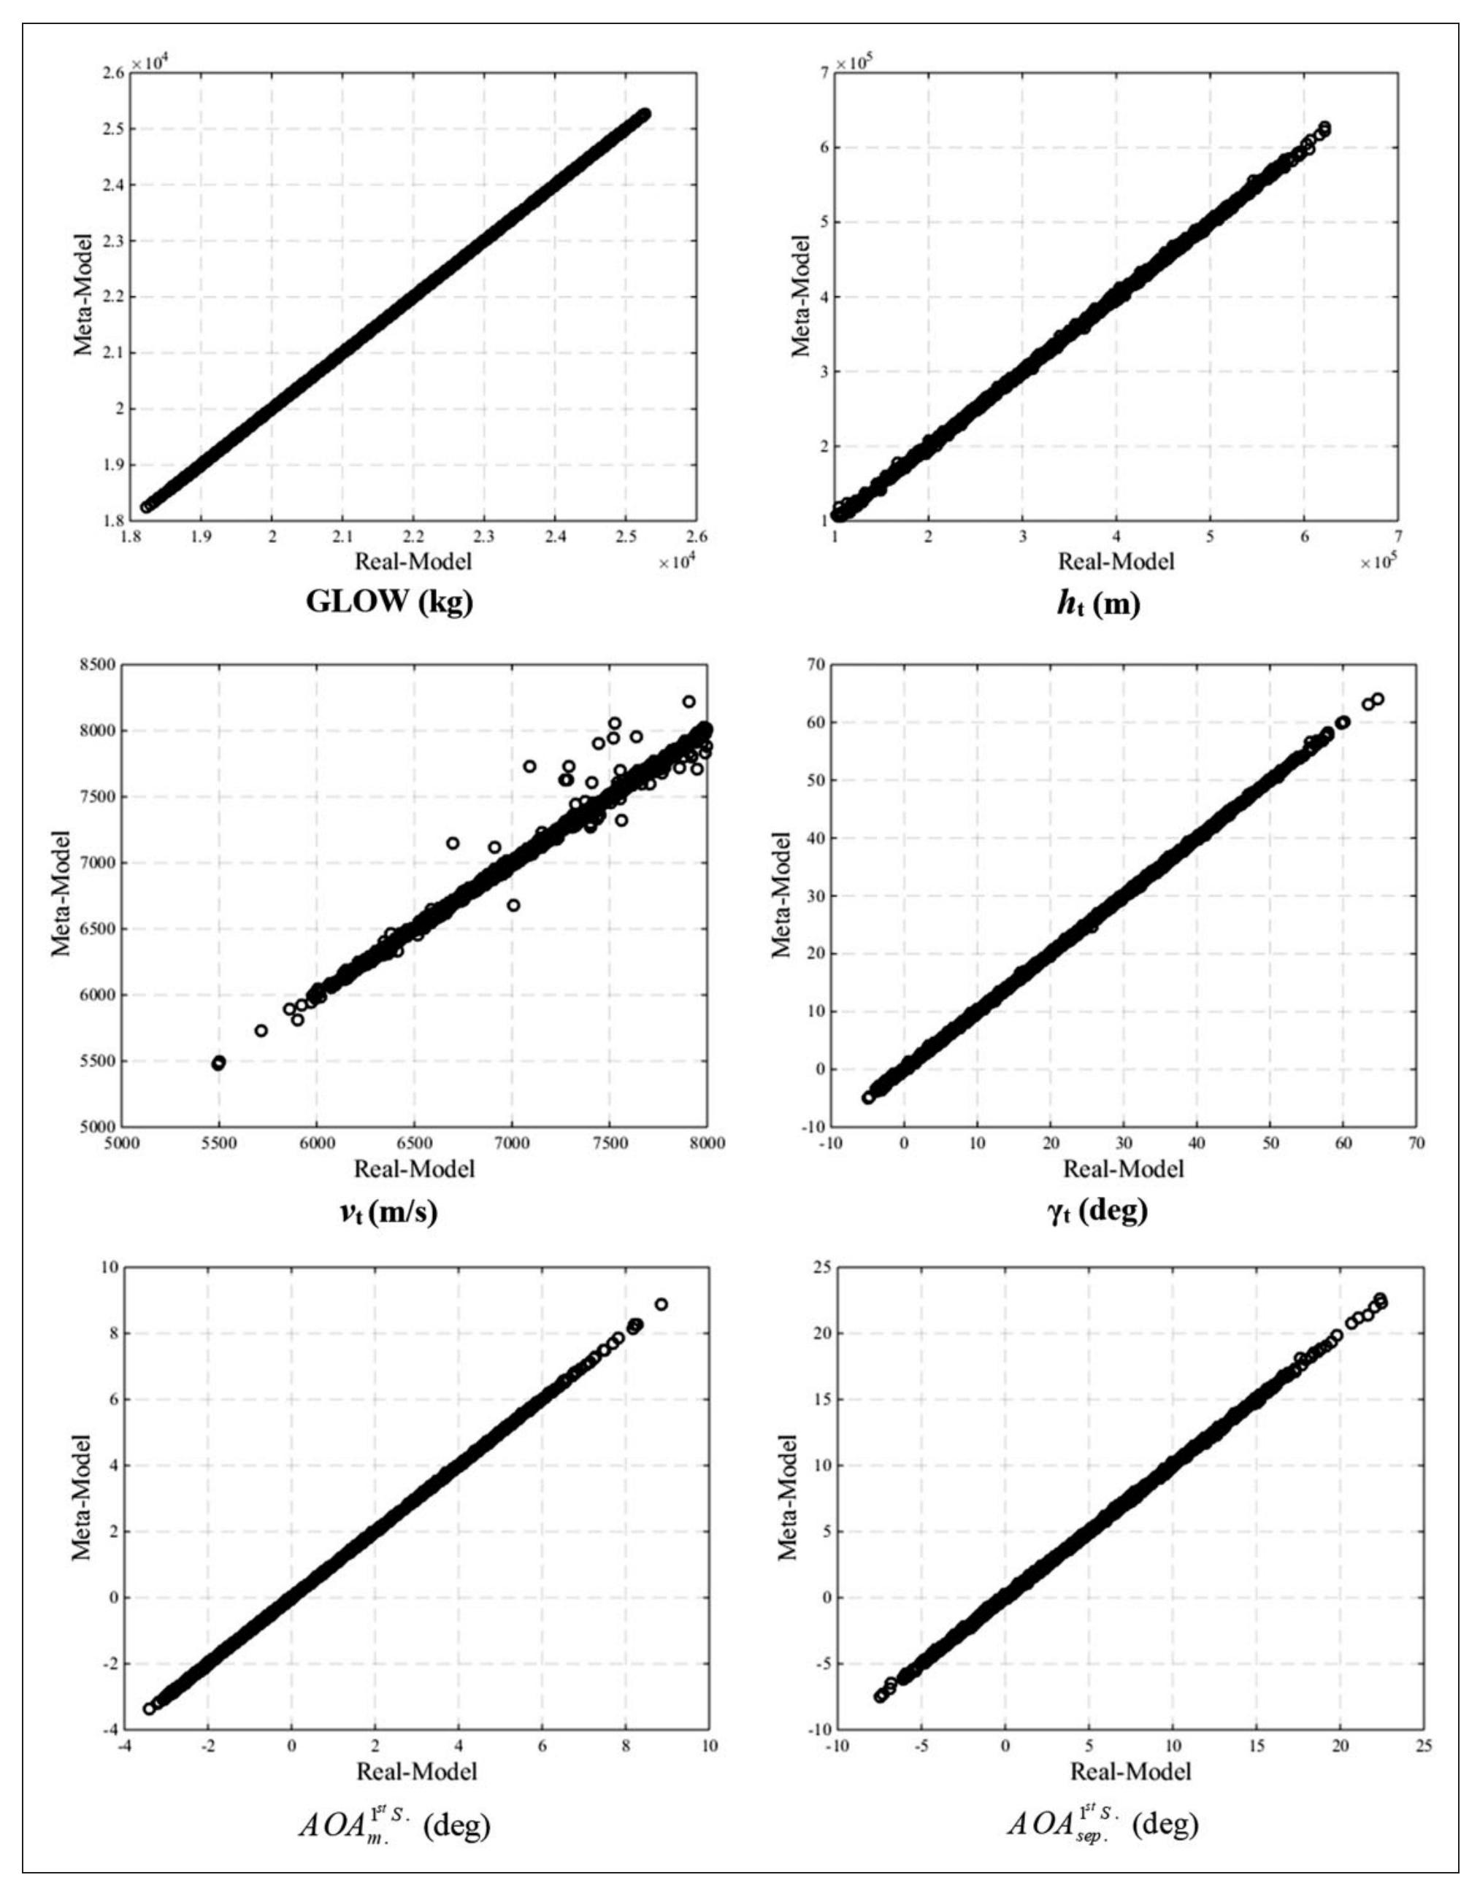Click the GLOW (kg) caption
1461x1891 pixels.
tap(389, 603)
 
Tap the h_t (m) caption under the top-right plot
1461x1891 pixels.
tap(1097, 604)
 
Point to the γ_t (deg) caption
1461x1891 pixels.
tap(1097, 1211)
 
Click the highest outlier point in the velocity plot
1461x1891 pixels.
tap(689, 701)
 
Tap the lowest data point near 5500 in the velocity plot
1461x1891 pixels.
tap(218, 1063)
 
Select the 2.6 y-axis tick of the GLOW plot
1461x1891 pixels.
tap(112, 74)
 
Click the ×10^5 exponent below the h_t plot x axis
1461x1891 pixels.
tap(1377, 563)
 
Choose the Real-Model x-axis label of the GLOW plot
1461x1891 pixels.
tap(413, 561)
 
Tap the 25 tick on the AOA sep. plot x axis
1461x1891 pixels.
tap(1420, 1747)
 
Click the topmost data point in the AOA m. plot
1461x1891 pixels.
tap(661, 1304)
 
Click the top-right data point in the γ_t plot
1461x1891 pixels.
tap(1377, 698)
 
